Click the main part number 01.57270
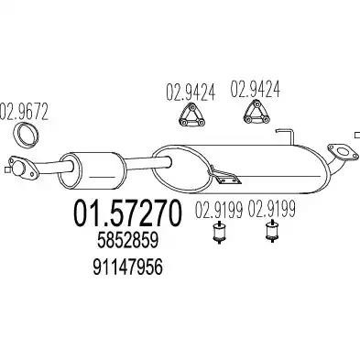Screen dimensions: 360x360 click(x=127, y=213)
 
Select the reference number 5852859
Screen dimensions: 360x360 click(x=127, y=240)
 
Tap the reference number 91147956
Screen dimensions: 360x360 click(x=127, y=267)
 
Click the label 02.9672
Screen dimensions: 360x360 click(x=24, y=112)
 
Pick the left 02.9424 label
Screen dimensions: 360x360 click(x=191, y=93)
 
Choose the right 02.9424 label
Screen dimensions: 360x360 click(x=255, y=89)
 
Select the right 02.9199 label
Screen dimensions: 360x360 click(x=271, y=209)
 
